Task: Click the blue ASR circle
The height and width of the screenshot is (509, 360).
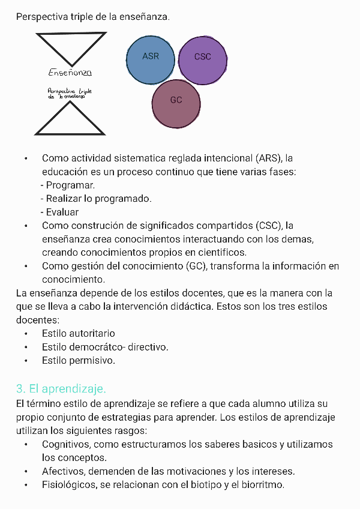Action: (151, 60)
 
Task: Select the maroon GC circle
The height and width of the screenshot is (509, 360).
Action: (176, 103)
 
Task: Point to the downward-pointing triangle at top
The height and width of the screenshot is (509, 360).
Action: (71, 47)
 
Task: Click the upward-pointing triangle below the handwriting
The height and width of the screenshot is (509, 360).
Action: (70, 120)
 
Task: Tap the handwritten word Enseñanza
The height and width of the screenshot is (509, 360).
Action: (70, 73)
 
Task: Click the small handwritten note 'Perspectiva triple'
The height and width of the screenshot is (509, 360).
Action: (69, 93)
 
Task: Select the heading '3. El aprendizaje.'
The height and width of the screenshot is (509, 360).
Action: (61, 388)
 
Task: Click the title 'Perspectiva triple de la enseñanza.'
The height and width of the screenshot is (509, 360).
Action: (93, 16)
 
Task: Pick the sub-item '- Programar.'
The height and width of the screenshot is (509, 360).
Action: (68, 185)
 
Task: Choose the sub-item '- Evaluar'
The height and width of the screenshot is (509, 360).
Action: (59, 212)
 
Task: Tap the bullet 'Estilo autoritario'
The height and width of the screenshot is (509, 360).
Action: (79, 333)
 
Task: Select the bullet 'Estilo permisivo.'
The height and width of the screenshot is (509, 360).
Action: (79, 361)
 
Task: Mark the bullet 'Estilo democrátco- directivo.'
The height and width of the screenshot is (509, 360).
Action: (105, 347)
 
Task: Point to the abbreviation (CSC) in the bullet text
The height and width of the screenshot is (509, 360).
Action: (268, 226)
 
